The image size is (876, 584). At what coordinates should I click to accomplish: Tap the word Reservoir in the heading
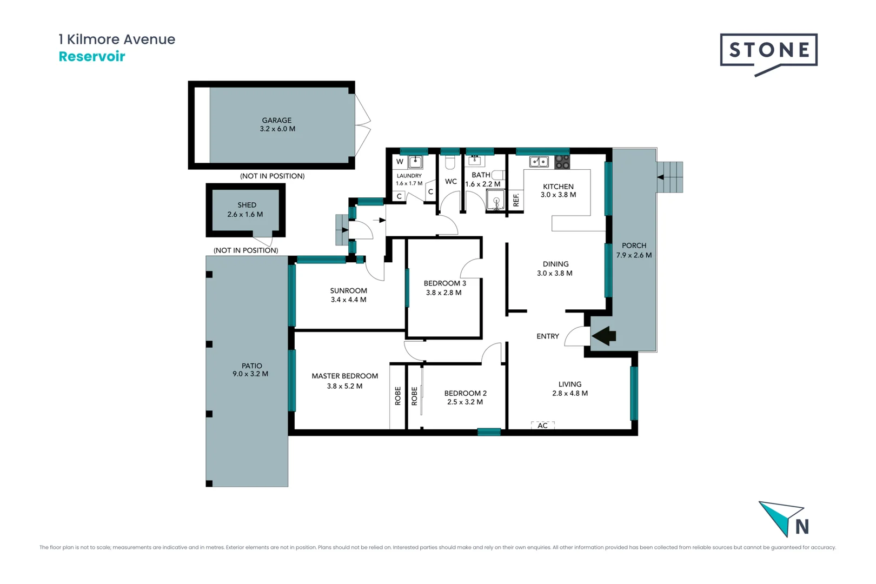92,57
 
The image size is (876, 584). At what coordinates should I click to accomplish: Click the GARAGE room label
276,120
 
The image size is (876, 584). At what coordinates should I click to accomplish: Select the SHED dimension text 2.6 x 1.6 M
245,215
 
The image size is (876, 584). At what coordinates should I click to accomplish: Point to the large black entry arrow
604,336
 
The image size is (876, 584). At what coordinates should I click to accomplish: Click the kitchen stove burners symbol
562,162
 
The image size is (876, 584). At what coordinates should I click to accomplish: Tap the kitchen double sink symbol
539,162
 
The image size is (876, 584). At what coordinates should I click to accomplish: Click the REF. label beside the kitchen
516,200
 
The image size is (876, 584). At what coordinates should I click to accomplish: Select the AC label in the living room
542,426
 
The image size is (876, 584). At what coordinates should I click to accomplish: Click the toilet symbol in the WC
450,162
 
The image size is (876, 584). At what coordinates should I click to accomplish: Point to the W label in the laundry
400,162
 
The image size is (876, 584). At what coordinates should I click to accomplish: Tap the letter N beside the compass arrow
802,526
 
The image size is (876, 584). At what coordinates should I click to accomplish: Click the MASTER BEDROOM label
344,376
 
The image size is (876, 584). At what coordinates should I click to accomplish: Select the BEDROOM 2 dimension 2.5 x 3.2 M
465,402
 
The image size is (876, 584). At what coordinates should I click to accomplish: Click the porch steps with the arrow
670,177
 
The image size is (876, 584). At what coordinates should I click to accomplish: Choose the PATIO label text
251,366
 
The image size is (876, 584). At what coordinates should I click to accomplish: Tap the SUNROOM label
348,290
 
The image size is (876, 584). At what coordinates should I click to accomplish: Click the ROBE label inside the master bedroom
397,396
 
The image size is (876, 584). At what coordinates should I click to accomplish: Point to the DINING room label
555,264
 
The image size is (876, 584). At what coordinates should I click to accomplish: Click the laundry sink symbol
415,162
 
